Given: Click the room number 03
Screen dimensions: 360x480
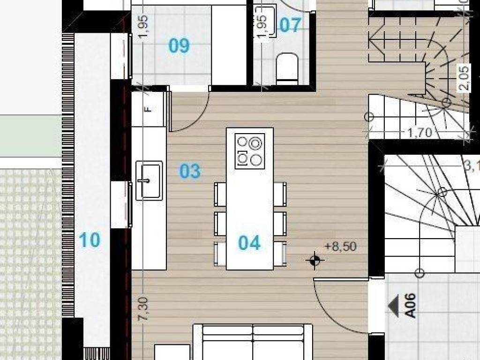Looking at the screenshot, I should click(x=190, y=172).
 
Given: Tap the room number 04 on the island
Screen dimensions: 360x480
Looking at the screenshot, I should click(x=249, y=243).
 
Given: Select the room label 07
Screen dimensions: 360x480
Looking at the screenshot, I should click(x=290, y=25).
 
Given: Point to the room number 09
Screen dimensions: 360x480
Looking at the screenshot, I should click(x=179, y=46).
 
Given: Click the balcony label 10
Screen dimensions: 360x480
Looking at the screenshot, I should click(x=89, y=240).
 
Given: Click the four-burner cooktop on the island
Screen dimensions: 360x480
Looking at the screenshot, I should click(x=249, y=150).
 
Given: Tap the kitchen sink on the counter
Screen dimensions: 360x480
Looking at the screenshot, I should click(x=149, y=180).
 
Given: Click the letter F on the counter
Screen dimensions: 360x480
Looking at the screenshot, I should click(x=149, y=109).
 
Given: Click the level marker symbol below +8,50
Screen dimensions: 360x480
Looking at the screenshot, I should click(x=314, y=260).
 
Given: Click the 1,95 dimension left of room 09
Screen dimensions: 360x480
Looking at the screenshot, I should click(x=143, y=27).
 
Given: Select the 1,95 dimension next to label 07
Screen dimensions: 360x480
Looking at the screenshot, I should click(x=262, y=27).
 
